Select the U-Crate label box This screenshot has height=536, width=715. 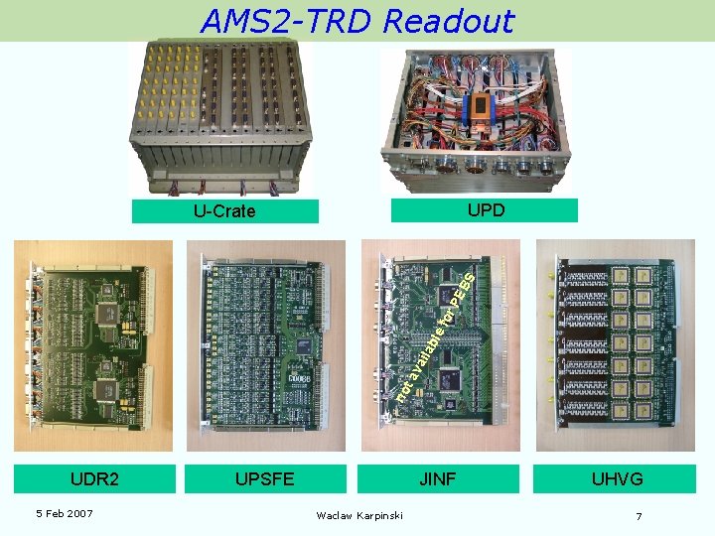coord(224,210)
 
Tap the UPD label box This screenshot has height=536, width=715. coord(485,209)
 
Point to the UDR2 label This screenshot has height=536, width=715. coord(95,479)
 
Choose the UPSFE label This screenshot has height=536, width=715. coord(264,479)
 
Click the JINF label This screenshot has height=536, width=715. coord(438,479)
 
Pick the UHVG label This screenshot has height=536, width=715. coord(617,479)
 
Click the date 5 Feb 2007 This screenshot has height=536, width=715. coord(64,513)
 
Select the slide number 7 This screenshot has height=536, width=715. coord(639,516)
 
